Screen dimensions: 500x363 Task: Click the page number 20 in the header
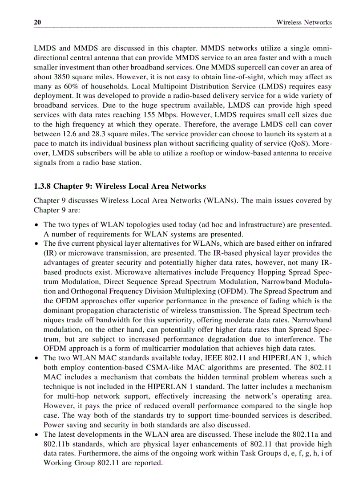[37, 22]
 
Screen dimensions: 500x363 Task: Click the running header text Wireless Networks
[304, 22]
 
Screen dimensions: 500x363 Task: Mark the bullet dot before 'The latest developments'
[36, 434]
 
